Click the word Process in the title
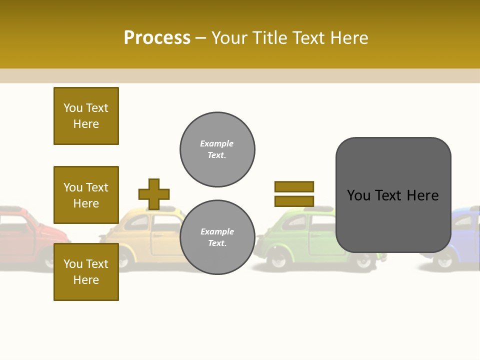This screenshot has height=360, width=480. [157, 38]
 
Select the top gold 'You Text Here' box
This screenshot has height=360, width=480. [86, 116]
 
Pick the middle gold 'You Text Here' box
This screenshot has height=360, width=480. [86, 195]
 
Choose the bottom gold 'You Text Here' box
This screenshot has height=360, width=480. [86, 271]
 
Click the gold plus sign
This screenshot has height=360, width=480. [154, 194]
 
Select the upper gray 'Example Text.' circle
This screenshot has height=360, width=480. [217, 149]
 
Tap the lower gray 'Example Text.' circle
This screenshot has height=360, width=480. [217, 237]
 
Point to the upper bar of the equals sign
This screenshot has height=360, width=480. [294, 186]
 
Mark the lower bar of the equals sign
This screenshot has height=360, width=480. [294, 201]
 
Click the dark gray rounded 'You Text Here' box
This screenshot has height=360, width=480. [393, 195]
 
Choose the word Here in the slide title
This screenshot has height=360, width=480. [347, 38]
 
